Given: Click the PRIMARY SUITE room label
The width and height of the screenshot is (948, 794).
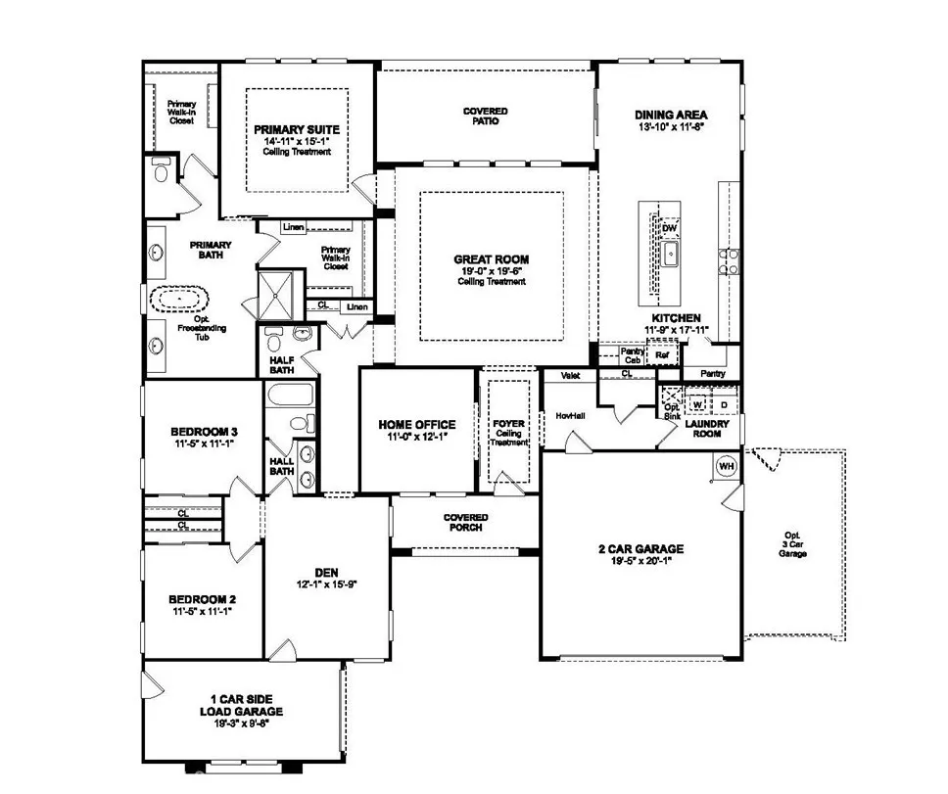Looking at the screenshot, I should click(x=296, y=129).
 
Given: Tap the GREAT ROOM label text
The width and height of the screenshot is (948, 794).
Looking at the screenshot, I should click(x=491, y=260).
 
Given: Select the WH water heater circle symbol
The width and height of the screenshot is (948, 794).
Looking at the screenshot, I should click(x=726, y=466).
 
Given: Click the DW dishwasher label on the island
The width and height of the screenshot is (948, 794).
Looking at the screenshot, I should click(x=670, y=229).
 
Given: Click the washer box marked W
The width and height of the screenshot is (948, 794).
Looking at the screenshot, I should click(x=699, y=403).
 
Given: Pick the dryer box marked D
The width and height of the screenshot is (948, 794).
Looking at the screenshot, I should click(x=725, y=403).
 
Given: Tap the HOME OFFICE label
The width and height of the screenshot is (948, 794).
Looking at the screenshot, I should click(x=416, y=425).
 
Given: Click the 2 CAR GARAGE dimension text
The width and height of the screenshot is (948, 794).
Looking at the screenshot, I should click(x=641, y=562).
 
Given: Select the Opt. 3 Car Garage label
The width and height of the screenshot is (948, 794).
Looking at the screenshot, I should click(x=792, y=545).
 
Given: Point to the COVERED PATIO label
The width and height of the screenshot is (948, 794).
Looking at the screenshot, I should click(x=486, y=116).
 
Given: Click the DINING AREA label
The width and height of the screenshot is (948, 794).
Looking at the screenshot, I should click(x=671, y=115).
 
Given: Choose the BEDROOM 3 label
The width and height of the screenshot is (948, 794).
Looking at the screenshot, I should click(x=204, y=432).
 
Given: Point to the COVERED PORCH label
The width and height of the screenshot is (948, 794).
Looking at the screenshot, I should click(x=465, y=522).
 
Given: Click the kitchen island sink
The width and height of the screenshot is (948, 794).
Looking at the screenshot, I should click(x=670, y=256).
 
